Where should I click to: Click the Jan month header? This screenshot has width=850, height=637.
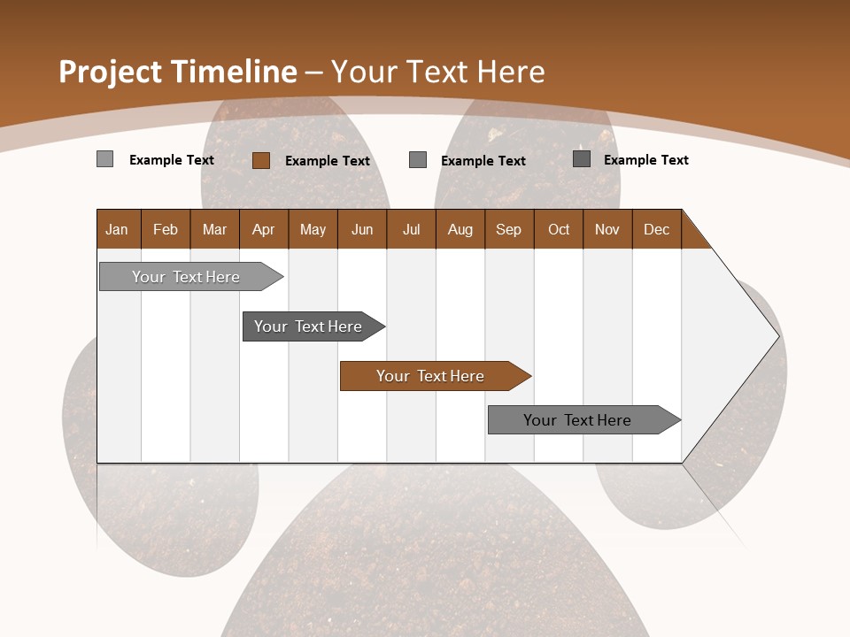coord(118,229)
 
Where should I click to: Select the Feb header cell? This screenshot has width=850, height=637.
coord(166,229)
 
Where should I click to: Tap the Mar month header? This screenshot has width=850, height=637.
coord(214,229)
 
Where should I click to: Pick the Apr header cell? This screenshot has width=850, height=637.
coord(264,229)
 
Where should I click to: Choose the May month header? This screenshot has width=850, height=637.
coord(313,229)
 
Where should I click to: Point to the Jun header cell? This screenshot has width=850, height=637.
coord(362,229)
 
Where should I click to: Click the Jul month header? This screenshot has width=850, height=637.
coord(411,229)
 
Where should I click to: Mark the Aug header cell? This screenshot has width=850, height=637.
coord(460,229)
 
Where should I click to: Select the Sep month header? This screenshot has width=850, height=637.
coord(509,229)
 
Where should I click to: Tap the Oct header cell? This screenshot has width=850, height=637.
coord(559,229)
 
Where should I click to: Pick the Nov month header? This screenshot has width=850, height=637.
coord(607,229)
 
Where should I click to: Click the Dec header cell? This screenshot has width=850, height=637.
coord(657,229)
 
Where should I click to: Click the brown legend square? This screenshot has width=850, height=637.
coord(260,160)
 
